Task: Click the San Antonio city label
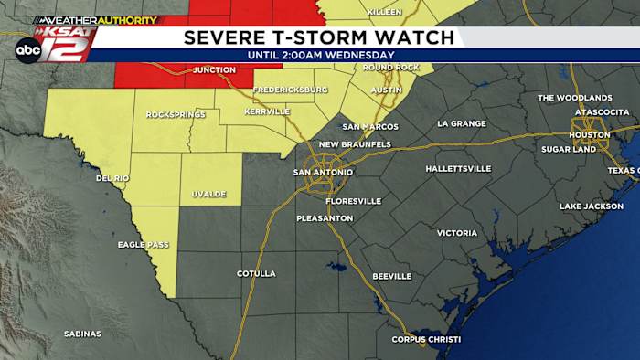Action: click(x=323, y=172)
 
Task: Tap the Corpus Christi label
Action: click(x=426, y=340)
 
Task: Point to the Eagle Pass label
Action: click(x=143, y=245)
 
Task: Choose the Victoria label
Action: click(x=456, y=233)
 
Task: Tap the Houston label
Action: click(x=589, y=135)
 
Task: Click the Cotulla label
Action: click(x=256, y=273)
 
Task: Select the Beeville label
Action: click(x=391, y=276)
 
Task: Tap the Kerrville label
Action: click(x=267, y=111)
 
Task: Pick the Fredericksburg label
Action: click(x=290, y=90)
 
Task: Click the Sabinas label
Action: click(x=82, y=334)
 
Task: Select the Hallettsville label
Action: click(x=458, y=169)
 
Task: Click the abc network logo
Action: click(x=27, y=51)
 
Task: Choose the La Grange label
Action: click(x=462, y=123)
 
